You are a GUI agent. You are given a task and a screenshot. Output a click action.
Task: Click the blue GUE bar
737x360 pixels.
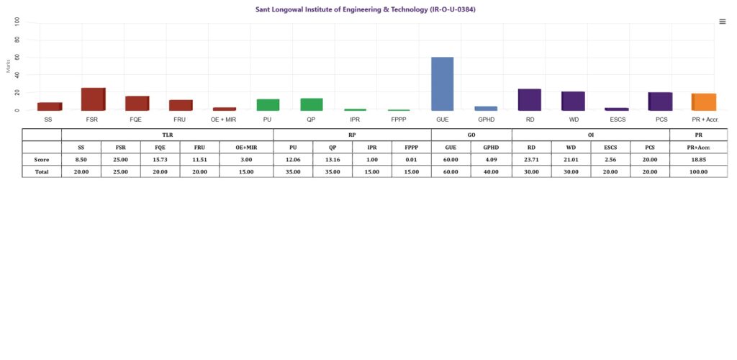[x=442, y=84]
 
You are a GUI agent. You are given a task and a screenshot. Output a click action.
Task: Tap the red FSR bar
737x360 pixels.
[x=93, y=99]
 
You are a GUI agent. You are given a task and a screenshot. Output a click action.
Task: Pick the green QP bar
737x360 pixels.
[x=311, y=104]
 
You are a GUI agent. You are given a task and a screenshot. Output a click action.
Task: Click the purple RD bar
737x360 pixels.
[x=529, y=99]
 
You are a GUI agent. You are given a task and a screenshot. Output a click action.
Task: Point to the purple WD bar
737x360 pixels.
[x=573, y=101]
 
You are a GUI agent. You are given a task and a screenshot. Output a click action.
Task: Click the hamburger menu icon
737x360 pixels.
[x=723, y=22]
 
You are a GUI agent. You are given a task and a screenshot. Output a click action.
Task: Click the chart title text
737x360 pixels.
[x=366, y=9]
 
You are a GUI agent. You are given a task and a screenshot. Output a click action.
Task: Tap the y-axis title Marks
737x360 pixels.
[x=8, y=66]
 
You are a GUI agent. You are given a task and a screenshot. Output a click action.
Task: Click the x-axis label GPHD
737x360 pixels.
[x=486, y=119]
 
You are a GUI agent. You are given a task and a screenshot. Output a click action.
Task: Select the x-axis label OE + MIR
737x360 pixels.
[x=224, y=119]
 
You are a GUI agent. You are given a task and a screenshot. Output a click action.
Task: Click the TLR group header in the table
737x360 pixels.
[x=167, y=135]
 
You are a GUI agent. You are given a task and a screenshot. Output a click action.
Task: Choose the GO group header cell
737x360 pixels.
[x=471, y=135]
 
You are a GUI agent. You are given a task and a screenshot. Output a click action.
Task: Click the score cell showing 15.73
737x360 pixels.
[x=160, y=159]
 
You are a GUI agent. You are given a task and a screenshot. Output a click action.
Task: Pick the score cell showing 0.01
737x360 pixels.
[x=412, y=159]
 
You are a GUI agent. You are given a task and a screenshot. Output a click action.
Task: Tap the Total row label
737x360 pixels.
[x=42, y=171]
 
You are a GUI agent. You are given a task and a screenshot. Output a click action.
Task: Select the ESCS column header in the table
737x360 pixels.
[x=610, y=147]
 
